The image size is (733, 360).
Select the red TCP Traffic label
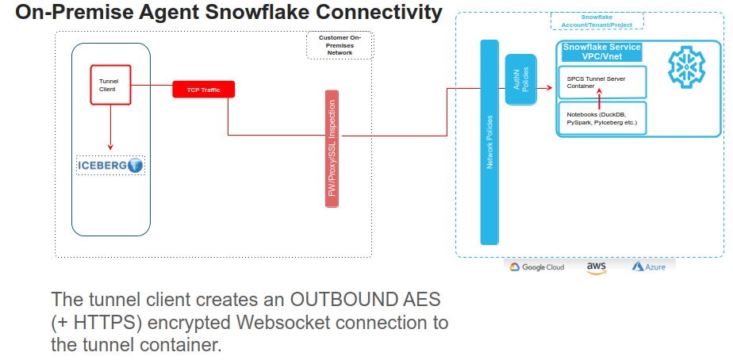(x=204, y=90)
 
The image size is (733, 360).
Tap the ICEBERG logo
(x=110, y=165)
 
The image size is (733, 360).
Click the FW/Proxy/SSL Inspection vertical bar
(x=332, y=149)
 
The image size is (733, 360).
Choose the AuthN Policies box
(x=521, y=79)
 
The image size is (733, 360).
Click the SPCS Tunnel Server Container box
(x=602, y=82)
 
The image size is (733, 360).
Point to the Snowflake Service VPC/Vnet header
(x=601, y=52)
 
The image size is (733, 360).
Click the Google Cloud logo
(x=537, y=267)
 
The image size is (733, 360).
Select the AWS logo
(x=597, y=267)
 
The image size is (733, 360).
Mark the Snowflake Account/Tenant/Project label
(x=597, y=20)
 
